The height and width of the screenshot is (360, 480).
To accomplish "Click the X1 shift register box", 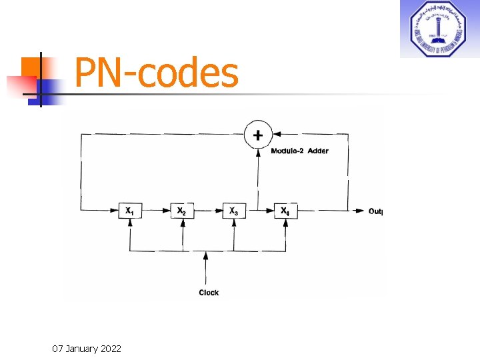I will (129, 211).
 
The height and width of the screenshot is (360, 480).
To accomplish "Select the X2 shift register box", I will (181, 211).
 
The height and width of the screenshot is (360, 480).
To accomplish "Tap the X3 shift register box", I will (233, 211).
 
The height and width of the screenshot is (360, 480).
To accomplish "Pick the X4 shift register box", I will (285, 211).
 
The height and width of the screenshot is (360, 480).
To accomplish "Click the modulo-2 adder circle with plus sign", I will (257, 135).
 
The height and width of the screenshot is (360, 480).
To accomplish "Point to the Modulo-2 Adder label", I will (299, 151).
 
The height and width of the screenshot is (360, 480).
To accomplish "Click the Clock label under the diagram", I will (209, 293).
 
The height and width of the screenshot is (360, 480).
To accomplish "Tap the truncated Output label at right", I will (375, 211).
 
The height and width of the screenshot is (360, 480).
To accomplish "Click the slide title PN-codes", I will (157, 73).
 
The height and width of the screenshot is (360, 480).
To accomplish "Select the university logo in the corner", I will (438, 29).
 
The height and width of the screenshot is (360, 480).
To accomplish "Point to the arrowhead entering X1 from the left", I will (114, 211).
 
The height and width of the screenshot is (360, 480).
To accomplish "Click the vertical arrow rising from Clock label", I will (207, 267).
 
